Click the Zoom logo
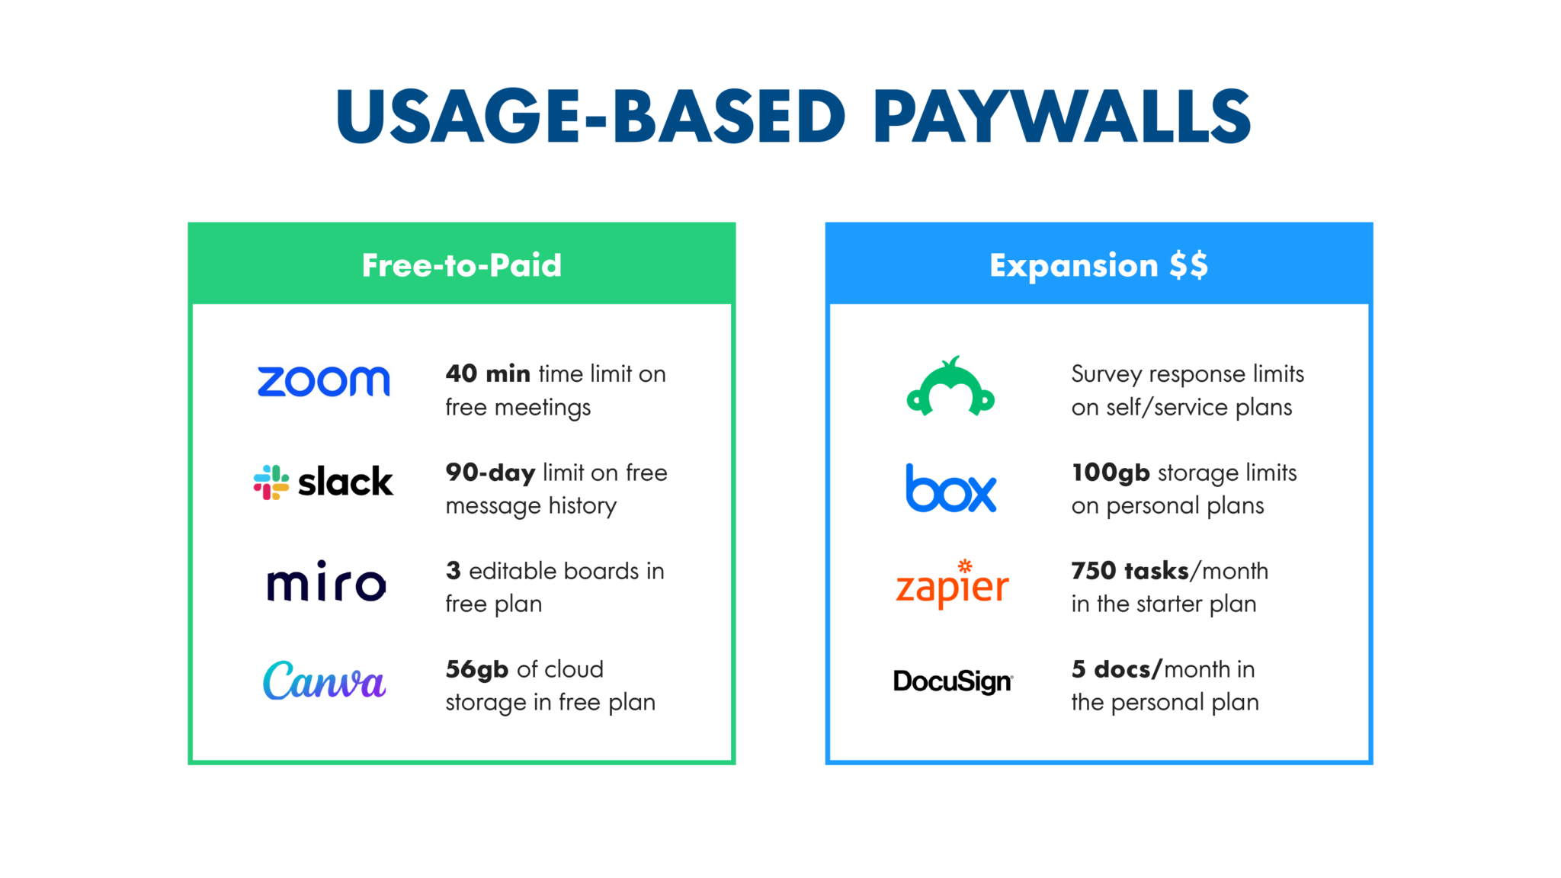pos(323,381)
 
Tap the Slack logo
pos(323,482)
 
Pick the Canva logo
pos(324,681)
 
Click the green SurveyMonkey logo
pos(950,386)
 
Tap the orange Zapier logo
pos(952,585)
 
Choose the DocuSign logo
pos(953,681)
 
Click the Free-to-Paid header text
pos(462,265)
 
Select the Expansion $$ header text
pos(1098,265)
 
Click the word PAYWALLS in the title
pos(1062,116)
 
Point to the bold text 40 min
pos(488,373)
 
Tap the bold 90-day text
pos(490,473)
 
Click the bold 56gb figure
pos(477,669)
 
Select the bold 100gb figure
pos(1111,473)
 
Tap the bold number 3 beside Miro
pos(454,570)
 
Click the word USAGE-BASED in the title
pos(590,116)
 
